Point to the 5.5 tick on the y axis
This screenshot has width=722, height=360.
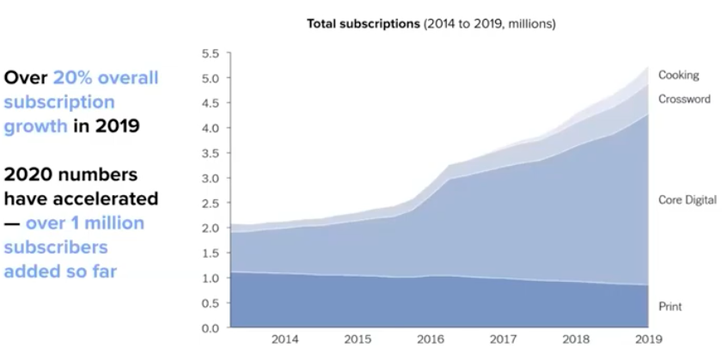[x=210, y=54]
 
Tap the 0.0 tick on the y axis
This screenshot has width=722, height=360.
[x=210, y=328]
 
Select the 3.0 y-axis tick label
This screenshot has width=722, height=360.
[x=210, y=179]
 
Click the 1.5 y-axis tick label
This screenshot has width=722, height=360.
[x=210, y=253]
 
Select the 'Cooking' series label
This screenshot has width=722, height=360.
[x=678, y=76]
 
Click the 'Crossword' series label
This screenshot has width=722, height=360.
[x=684, y=99]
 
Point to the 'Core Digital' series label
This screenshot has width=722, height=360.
[x=687, y=199]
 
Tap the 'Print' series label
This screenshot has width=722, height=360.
[x=670, y=306]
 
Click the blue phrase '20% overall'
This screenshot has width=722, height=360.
[x=106, y=77]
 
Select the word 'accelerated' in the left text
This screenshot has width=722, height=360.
[x=110, y=198]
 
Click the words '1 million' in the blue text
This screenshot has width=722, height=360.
[x=106, y=223]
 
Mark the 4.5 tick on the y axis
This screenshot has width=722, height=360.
[x=210, y=104]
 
